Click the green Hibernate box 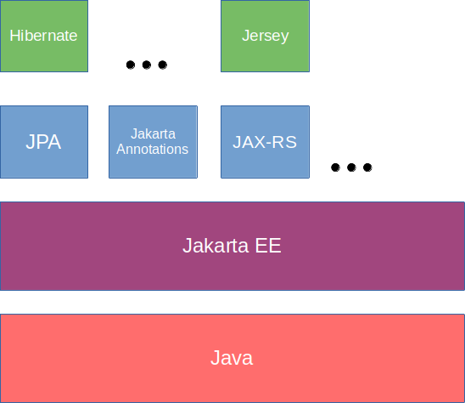[43, 36]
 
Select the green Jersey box [265, 36]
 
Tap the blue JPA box [43, 142]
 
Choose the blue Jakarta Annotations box [153, 142]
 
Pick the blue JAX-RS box [265, 142]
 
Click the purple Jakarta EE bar [232, 247]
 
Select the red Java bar [232, 358]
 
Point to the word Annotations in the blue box [153, 150]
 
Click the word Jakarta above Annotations [153, 134]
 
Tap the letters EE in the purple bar [267, 247]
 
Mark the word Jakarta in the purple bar [216, 247]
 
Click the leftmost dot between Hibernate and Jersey [131, 65]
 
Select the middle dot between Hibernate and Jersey [147, 65]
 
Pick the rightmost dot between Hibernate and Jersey [163, 65]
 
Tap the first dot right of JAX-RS [335, 167]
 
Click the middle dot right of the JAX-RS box [351, 167]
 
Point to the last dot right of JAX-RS [367, 167]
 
